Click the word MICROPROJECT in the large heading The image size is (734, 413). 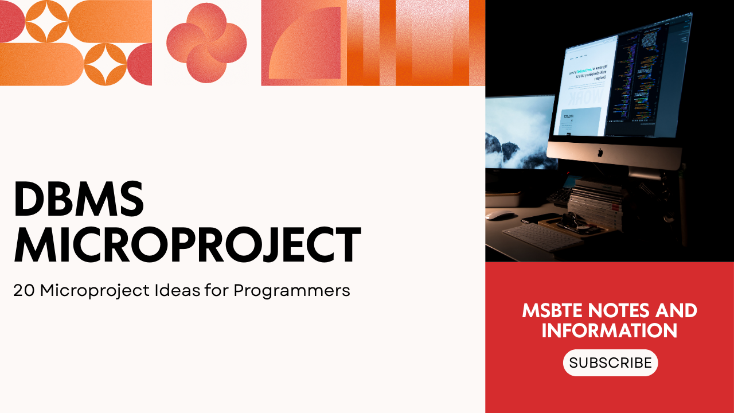(187, 245)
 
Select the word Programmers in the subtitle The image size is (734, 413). (292, 291)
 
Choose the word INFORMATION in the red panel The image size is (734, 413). (610, 331)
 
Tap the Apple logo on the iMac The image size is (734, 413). (600, 153)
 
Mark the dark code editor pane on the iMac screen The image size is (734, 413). (651, 80)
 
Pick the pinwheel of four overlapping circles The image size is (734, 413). (206, 43)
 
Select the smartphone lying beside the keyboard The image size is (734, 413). (541, 218)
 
